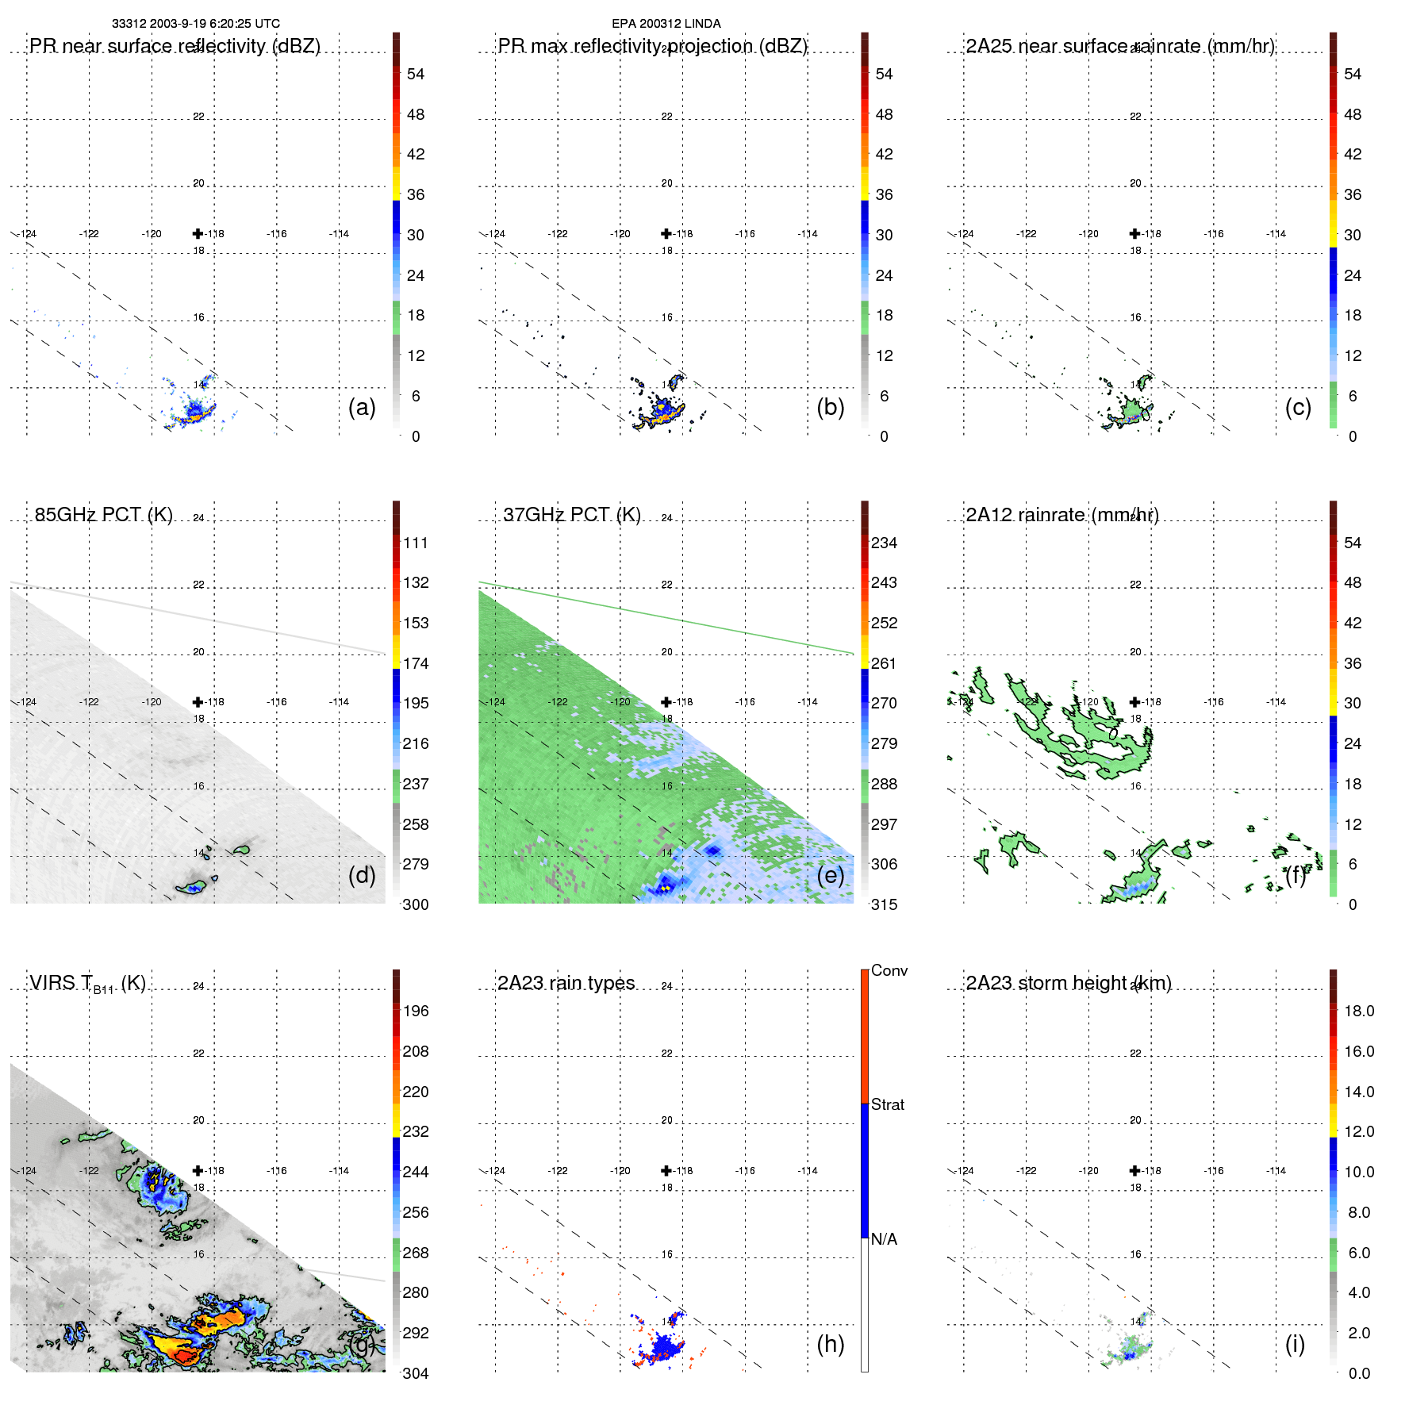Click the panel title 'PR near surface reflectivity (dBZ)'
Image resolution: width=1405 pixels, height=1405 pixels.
175,46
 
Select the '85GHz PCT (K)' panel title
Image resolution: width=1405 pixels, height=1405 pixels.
103,515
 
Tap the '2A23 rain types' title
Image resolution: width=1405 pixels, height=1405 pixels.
566,983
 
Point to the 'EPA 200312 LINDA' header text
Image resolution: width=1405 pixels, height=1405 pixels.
666,24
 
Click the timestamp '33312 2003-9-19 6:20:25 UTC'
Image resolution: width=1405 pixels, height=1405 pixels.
195,24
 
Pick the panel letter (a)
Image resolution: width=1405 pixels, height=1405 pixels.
362,407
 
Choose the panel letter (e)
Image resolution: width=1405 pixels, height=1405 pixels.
830,875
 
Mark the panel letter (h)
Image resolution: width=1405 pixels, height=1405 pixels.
830,1344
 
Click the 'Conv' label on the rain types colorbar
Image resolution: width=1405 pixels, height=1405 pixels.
889,970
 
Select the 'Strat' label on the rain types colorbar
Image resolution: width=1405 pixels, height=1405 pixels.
887,1104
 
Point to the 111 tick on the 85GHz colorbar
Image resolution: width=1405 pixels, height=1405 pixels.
415,543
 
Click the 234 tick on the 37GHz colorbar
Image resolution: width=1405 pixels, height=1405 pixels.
884,543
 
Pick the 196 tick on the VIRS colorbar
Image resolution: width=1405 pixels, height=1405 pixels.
415,1011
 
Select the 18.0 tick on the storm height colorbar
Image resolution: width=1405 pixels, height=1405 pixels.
1358,1011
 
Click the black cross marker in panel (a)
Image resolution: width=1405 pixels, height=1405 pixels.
198,233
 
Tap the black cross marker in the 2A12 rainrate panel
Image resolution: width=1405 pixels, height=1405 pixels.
1134,702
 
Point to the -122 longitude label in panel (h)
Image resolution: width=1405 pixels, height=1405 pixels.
558,1171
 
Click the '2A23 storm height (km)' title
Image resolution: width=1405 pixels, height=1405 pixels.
1068,983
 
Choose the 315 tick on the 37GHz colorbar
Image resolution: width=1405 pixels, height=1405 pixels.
884,904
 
